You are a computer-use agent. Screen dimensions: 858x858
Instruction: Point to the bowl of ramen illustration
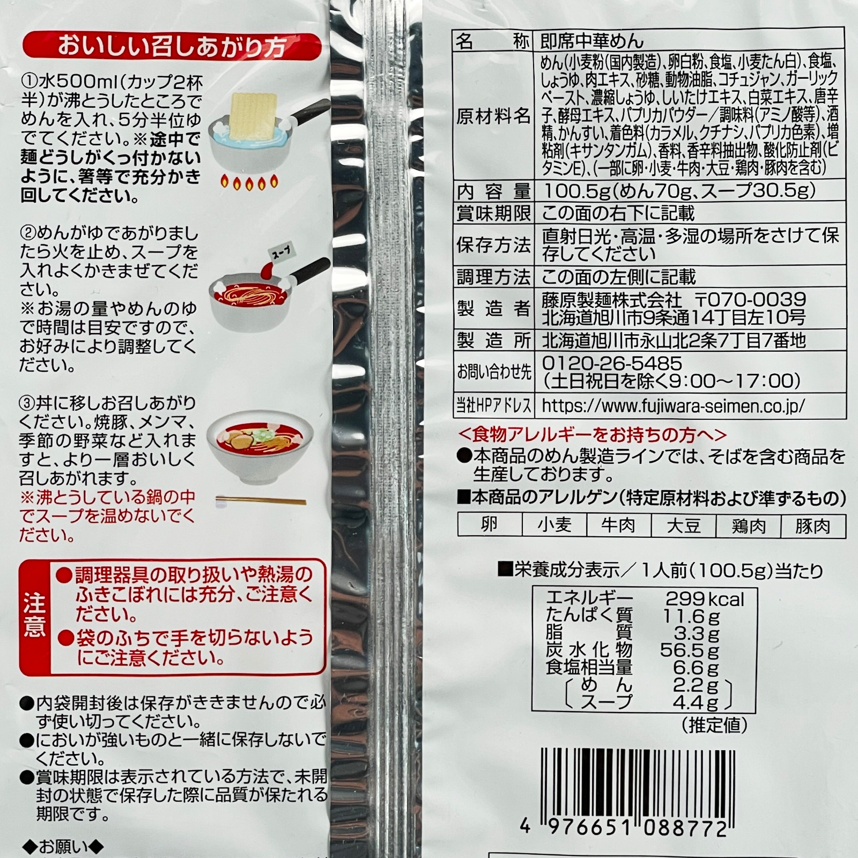pyautogui.click(x=253, y=456)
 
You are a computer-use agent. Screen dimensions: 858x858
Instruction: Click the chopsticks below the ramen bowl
pyautogui.click(x=261, y=502)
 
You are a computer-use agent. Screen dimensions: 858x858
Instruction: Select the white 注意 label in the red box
pyautogui.click(x=34, y=617)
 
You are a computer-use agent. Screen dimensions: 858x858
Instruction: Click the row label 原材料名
pyautogui.click(x=493, y=116)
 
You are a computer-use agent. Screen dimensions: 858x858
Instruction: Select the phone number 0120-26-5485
pyautogui.click(x=612, y=363)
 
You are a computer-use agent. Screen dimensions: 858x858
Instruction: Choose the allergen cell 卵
pyautogui.click(x=489, y=525)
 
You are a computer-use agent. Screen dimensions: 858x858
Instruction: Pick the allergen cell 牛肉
pyautogui.click(x=619, y=525)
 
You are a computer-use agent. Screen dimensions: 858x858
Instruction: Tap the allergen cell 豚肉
pyautogui.click(x=813, y=525)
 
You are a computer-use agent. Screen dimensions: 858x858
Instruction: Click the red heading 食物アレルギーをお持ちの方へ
pyautogui.click(x=593, y=434)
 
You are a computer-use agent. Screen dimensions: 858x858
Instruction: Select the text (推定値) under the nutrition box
pyautogui.click(x=714, y=725)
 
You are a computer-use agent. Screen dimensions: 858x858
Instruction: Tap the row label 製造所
pyautogui.click(x=493, y=340)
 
